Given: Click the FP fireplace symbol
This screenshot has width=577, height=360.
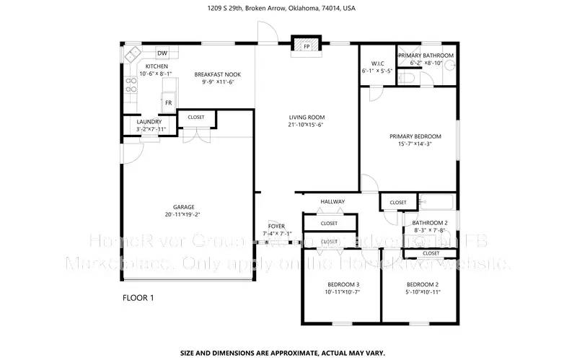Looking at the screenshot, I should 306,45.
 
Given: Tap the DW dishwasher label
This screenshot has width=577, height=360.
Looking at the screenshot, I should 162,53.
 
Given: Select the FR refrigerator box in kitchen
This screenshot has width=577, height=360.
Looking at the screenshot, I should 168,102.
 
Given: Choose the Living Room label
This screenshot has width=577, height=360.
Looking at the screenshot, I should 307,117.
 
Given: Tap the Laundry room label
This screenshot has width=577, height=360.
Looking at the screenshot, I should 149,122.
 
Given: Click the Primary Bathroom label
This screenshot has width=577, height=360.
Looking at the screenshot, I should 428,56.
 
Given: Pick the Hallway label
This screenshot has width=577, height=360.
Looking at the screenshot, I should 332,201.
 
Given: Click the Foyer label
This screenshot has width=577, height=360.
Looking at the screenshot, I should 276,226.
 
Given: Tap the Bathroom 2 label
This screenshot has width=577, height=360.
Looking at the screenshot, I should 425,222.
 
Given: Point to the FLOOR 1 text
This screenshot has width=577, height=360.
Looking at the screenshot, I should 138,297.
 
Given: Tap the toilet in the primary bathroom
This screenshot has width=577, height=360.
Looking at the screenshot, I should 448,66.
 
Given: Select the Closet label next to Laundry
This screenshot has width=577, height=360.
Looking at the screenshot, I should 195,117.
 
